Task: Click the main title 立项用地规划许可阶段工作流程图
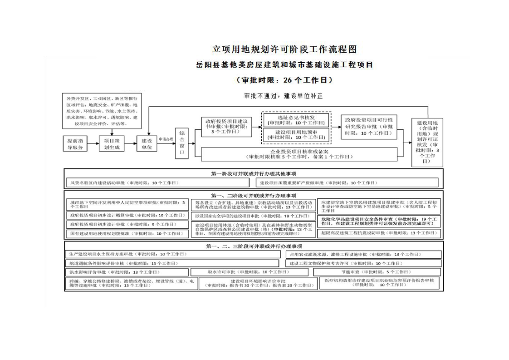click(x=281, y=49)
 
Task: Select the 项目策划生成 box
click(x=112, y=144)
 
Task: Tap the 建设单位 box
click(x=147, y=144)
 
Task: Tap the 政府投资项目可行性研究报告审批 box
click(x=370, y=127)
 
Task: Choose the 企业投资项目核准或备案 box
click(x=299, y=154)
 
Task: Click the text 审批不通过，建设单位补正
click(x=283, y=96)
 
